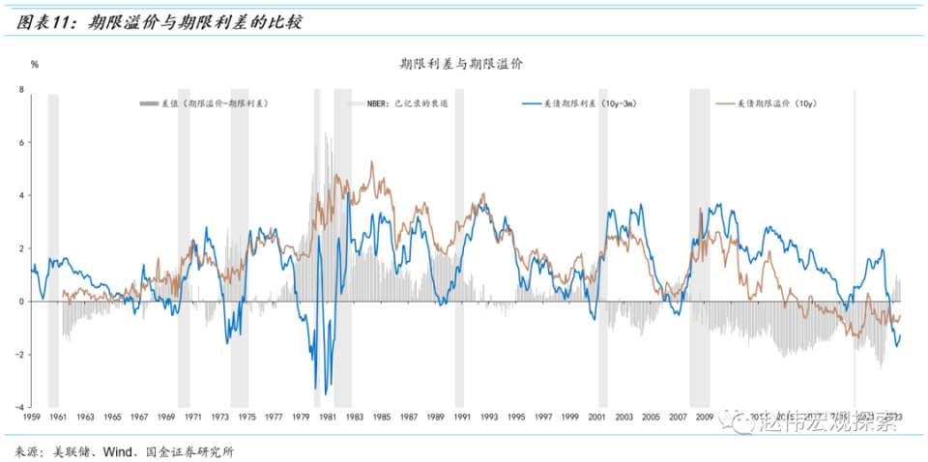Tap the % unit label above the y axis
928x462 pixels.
coord(35,65)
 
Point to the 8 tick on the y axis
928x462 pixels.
coord(21,90)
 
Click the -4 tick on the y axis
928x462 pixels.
coord(19,407)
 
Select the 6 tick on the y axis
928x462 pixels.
coord(21,143)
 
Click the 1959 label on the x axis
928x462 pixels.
coord(31,417)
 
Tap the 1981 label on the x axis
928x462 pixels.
coord(327,417)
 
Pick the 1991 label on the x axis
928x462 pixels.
coord(462,417)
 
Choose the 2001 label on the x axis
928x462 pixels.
coord(597,417)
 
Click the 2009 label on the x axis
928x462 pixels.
coord(705,417)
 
